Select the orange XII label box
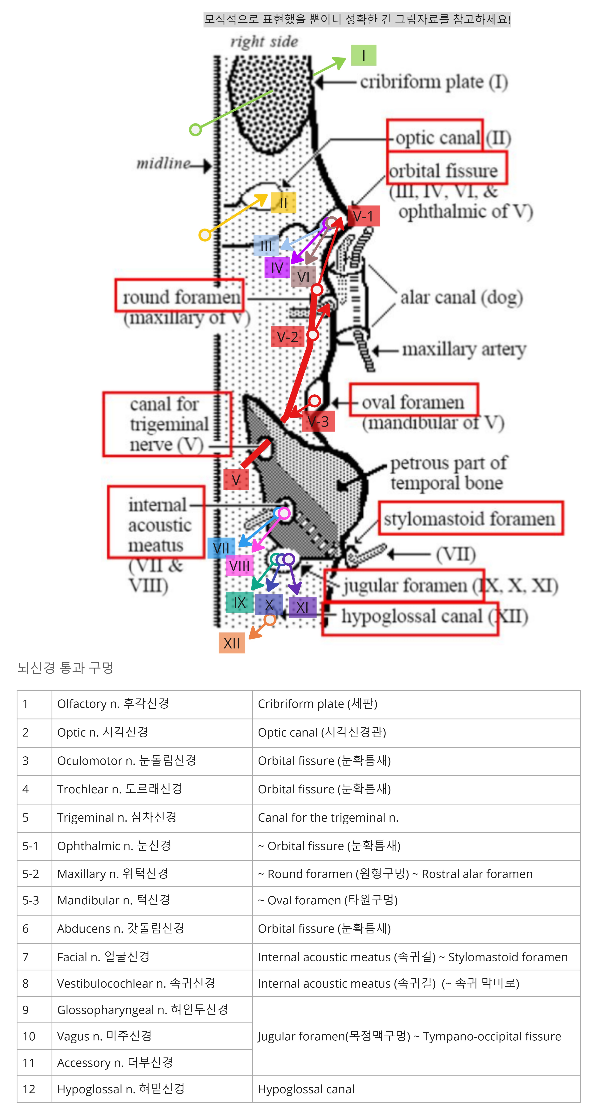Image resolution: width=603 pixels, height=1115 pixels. [232, 643]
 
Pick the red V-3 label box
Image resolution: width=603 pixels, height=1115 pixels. [318, 421]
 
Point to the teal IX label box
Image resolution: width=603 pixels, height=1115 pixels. [240, 602]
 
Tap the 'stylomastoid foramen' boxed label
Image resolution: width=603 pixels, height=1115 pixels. [470, 519]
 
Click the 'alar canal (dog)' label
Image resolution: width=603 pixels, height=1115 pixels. [461, 297]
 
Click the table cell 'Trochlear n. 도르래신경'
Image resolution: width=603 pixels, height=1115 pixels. [152, 789]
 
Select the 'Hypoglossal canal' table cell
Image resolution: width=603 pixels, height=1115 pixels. [416, 1089]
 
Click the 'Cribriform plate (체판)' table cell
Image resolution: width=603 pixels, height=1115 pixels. [416, 704]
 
